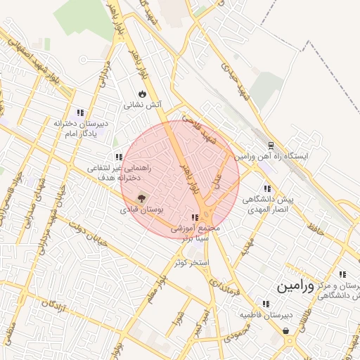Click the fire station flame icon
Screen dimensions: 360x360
(143, 94)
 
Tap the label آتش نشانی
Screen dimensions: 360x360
(143, 105)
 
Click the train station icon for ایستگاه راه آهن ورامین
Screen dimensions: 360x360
(269, 146)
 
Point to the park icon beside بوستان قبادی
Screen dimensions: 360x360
(141, 199)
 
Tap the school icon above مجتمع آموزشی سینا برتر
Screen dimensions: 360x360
(195, 218)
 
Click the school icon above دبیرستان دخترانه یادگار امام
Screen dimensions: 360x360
(80, 112)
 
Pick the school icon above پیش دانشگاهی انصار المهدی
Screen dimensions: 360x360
(266, 188)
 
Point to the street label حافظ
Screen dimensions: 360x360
(315, 228)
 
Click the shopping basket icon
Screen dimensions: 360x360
(285, 330)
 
